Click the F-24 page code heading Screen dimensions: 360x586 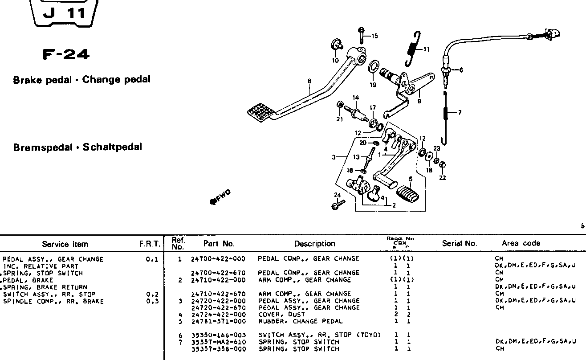point(66,55)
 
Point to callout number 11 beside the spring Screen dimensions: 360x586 point(426,49)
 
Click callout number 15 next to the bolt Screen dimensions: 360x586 point(374,36)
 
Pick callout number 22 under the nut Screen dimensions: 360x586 point(442,178)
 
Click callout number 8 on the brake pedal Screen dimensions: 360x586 point(309,81)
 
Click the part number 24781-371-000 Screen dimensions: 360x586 point(218,321)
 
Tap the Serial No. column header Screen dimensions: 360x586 point(459,243)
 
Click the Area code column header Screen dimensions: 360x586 point(521,243)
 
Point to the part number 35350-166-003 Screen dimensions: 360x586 point(218,335)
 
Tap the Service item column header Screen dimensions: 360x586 point(65,244)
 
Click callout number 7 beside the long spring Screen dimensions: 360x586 point(460,112)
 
